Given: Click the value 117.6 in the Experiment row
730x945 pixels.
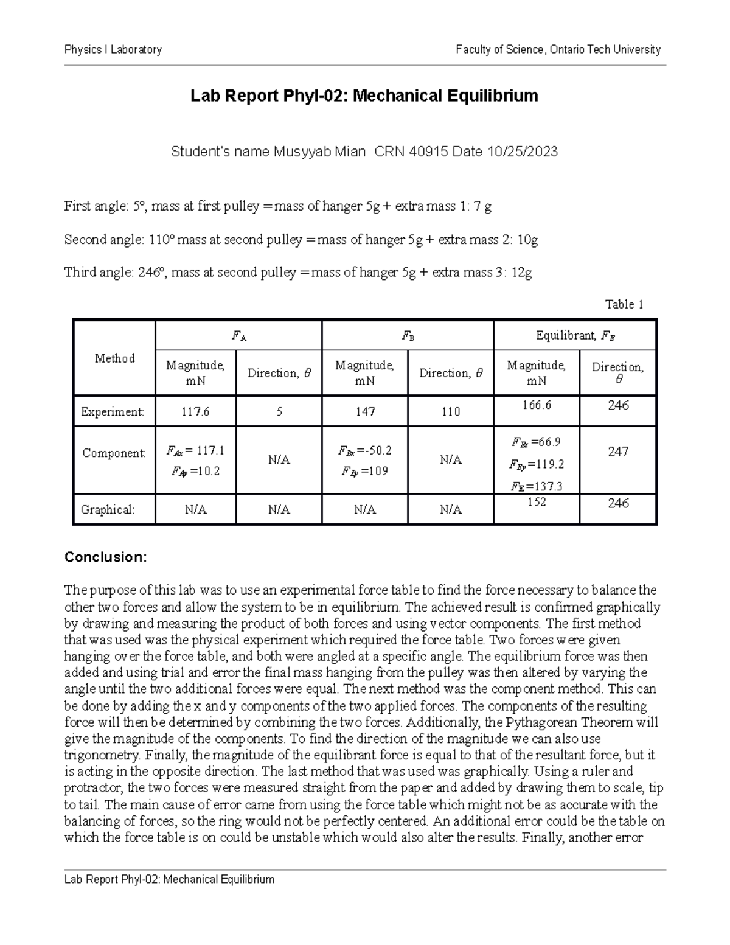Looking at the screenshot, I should (195, 412).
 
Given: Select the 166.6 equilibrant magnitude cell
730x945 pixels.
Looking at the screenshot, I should (536, 405).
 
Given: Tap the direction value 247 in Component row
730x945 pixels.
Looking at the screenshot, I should (617, 452).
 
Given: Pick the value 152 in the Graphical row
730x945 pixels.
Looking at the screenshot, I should (536, 503).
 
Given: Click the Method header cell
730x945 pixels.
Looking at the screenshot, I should (114, 358).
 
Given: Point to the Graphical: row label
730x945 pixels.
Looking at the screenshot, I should (108, 510).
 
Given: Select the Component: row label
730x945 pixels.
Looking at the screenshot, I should (114, 453).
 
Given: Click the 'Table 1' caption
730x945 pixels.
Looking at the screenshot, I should (624, 304).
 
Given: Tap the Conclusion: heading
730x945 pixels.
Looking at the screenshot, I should (106, 557).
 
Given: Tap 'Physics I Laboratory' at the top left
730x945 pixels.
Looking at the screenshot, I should (113, 50).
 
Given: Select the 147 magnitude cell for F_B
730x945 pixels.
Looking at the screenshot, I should (365, 412).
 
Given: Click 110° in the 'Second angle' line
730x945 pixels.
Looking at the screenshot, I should (161, 240).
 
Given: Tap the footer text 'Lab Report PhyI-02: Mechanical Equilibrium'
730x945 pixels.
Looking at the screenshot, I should (170, 879).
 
